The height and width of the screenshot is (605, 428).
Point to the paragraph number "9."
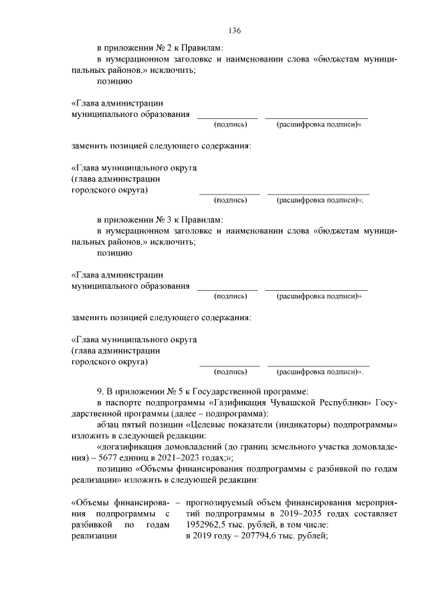click(x=101, y=389)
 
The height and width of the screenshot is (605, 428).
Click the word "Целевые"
click(x=209, y=425)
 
